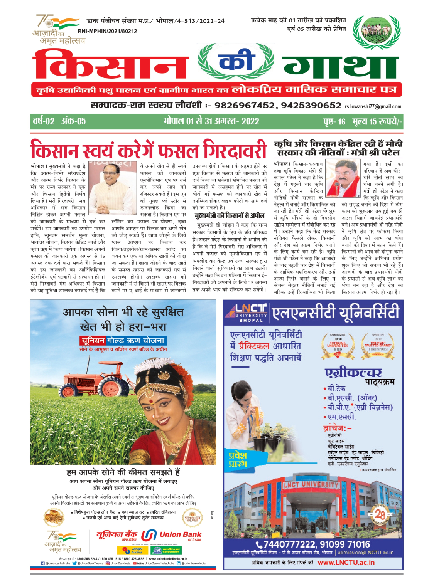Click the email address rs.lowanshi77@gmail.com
(x=373, y=107)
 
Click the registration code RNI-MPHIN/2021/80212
(x=107, y=31)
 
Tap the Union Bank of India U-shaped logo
(x=149, y=535)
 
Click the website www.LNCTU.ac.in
(x=346, y=562)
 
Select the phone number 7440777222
(x=287, y=544)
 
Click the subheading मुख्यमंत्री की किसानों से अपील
(x=230, y=216)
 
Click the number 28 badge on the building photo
(x=380, y=514)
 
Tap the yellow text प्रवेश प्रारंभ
(x=238, y=459)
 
